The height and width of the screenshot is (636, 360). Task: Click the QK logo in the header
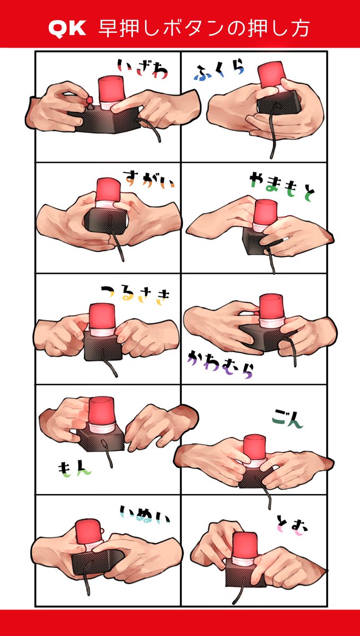coord(67,29)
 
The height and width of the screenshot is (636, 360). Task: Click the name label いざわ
coord(143,68)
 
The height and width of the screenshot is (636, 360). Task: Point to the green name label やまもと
coord(283,187)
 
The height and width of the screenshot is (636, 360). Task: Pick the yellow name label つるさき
coord(135,295)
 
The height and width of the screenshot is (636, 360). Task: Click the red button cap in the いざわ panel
coord(110,90)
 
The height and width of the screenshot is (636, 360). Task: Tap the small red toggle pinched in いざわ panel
coord(90,100)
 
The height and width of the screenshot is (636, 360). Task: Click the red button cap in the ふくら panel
coord(271,75)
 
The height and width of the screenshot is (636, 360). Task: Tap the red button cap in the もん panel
coord(102,411)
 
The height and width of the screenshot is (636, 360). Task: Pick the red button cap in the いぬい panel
coord(88,532)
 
